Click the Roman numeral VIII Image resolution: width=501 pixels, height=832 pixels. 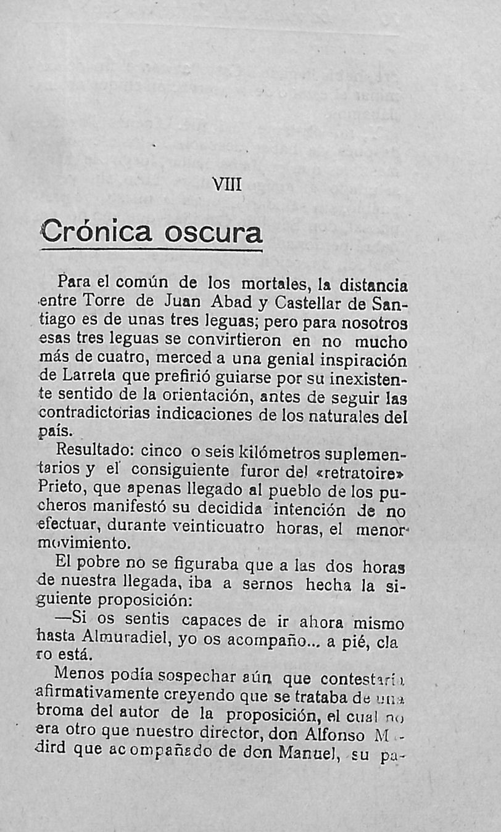point(228,185)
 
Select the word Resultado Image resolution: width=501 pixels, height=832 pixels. point(92,452)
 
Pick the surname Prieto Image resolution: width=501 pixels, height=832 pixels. point(59,488)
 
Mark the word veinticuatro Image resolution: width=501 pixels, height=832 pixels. point(218,528)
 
